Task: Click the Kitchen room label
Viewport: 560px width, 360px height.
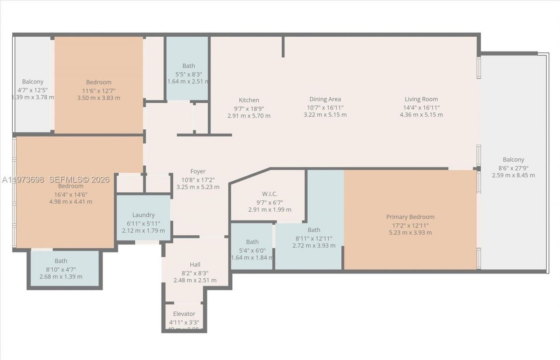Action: (x=248, y=100)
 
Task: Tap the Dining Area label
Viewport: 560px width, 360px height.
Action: (x=325, y=99)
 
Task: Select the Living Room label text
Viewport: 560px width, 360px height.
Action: (x=421, y=99)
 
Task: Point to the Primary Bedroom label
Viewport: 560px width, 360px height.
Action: (x=410, y=217)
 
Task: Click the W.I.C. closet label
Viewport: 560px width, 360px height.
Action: (x=269, y=194)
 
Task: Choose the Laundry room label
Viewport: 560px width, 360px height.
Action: (x=143, y=215)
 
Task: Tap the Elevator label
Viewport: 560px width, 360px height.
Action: (x=184, y=314)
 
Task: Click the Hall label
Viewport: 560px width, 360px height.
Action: (x=195, y=265)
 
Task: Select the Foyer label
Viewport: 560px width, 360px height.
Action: (x=198, y=171)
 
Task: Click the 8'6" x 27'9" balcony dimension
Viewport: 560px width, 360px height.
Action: (x=513, y=168)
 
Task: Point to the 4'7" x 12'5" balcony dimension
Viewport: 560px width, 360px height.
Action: (x=33, y=90)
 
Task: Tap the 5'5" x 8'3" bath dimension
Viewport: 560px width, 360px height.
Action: (x=189, y=74)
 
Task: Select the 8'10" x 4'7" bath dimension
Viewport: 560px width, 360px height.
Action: (x=61, y=269)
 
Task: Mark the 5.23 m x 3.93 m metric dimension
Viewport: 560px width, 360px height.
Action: (x=410, y=233)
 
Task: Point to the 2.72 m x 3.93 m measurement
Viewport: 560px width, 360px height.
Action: (x=314, y=246)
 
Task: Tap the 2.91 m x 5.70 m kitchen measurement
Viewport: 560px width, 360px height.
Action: (x=249, y=116)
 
